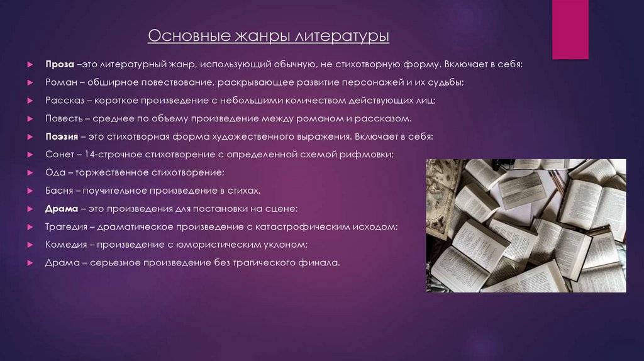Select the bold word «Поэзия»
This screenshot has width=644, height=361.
click(x=62, y=136)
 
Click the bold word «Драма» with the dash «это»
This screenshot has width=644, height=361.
click(x=61, y=208)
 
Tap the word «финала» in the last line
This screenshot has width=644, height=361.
click(x=322, y=262)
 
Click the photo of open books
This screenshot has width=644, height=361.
click(x=526, y=225)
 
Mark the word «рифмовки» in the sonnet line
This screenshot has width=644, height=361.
click(x=370, y=154)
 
